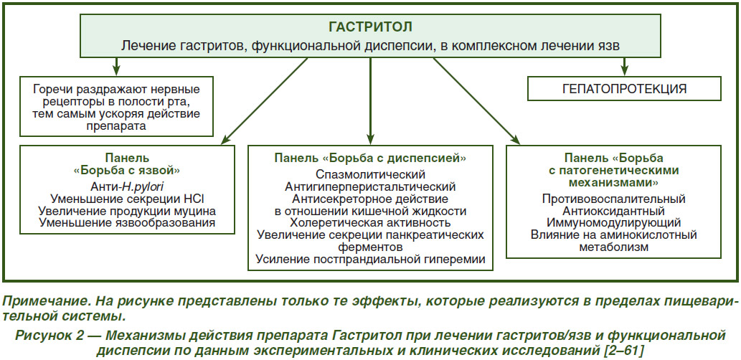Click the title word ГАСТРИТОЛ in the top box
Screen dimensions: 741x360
(370, 27)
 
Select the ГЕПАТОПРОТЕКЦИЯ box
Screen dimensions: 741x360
(624, 88)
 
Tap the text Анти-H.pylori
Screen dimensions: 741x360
(128, 186)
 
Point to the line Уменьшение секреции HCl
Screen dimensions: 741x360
(128, 198)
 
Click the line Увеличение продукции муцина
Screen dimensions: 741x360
(128, 210)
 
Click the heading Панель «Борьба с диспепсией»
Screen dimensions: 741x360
(370, 158)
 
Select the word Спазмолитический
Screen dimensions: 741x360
(370, 174)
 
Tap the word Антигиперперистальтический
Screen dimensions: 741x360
(370, 186)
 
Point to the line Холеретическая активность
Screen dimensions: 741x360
(370, 222)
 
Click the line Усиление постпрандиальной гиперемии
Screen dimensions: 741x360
(370, 259)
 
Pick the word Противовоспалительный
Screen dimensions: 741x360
(614, 199)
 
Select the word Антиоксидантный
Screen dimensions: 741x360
(614, 211)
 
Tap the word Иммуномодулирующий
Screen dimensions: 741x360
(614, 222)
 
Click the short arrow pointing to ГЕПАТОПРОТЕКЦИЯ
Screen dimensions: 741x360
(624, 66)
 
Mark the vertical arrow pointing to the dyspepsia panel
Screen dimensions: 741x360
(370, 100)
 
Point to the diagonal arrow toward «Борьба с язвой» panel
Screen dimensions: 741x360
(265, 100)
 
